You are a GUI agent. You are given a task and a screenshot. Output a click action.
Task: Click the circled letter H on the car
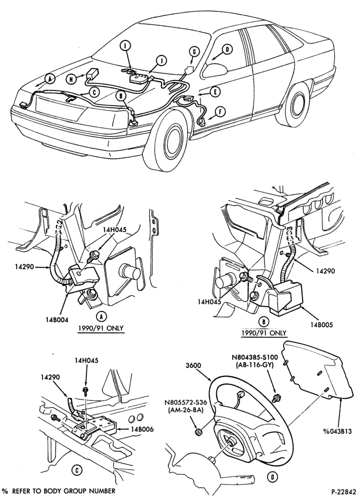click(x=71, y=79)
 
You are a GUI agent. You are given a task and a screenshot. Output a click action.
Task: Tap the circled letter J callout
click(x=161, y=60)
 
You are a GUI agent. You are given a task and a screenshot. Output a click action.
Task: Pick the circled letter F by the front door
click(x=220, y=112)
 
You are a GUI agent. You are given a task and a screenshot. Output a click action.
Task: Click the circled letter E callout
click(x=215, y=92)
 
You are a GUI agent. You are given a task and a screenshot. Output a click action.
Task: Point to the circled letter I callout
click(x=125, y=45)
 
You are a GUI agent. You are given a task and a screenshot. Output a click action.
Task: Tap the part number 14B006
click(x=142, y=429)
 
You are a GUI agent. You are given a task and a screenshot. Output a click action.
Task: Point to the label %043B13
click(x=337, y=431)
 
